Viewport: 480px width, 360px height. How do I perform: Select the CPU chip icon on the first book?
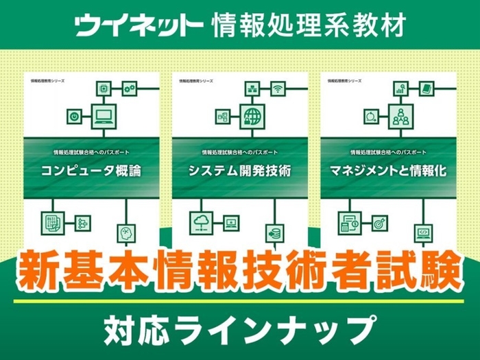[x=104, y=88]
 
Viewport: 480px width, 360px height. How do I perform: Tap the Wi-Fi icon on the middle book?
[x=278, y=88]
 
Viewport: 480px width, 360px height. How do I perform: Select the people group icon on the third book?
[x=400, y=117]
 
